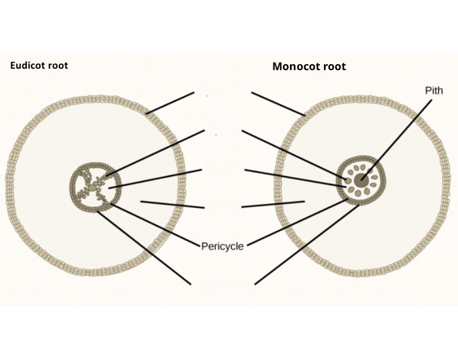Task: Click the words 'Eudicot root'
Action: (x=39, y=65)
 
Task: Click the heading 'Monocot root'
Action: (x=309, y=67)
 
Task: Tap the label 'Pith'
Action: (x=434, y=90)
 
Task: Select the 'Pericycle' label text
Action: (x=223, y=246)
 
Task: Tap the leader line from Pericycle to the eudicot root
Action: (x=157, y=225)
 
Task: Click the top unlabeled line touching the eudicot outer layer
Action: (x=170, y=103)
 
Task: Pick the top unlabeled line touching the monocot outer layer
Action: (x=278, y=103)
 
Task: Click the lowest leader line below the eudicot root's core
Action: (x=144, y=246)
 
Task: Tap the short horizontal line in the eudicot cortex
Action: (x=173, y=204)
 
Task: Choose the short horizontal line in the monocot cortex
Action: (x=273, y=204)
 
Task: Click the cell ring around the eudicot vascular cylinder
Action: (x=72, y=187)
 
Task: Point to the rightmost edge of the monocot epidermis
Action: (x=449, y=187)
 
